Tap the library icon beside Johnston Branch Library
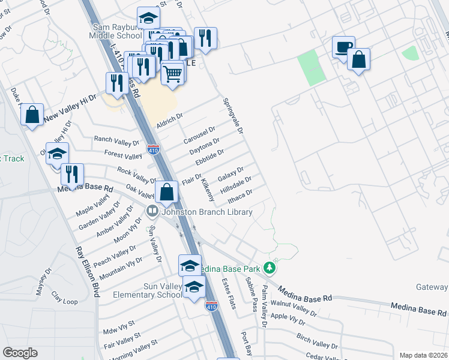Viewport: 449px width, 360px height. pyautogui.click(x=152, y=211)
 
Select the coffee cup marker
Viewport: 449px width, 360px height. pyautogui.click(x=344, y=47)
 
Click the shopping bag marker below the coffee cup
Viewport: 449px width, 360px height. pyautogui.click(x=358, y=60)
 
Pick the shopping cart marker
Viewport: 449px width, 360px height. pyautogui.click(x=172, y=74)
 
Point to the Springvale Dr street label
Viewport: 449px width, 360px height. pyautogui.click(x=233, y=116)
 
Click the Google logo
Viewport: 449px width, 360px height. pyautogui.click(x=20, y=352)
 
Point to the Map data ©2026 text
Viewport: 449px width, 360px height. pyautogui.click(x=423, y=355)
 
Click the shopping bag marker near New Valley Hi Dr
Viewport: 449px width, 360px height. pyautogui.click(x=32, y=114)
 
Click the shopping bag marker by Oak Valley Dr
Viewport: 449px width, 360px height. pyautogui.click(x=167, y=193)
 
